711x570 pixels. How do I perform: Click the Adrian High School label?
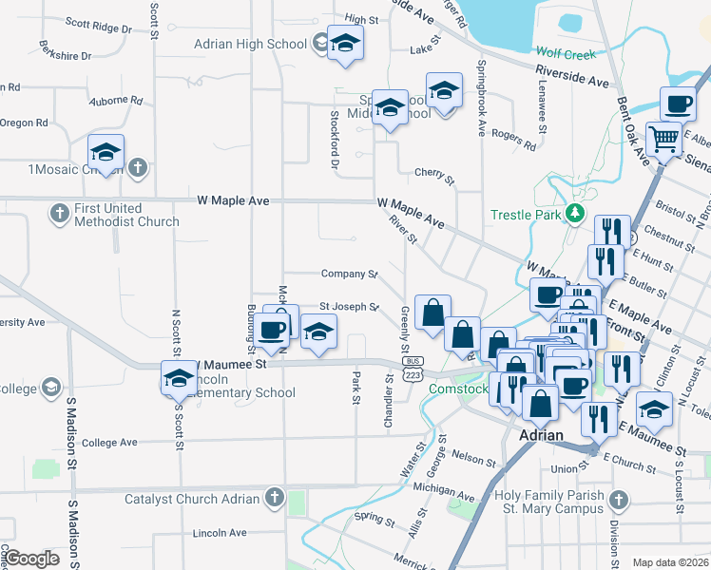click(250, 44)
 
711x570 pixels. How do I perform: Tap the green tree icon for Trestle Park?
click(574, 213)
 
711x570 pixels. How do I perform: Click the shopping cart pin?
click(666, 141)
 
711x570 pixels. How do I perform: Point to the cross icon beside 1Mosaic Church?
click(138, 169)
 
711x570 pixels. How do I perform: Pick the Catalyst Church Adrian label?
click(192, 499)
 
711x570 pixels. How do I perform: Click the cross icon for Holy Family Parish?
click(619, 499)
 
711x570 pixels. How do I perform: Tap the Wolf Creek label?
click(566, 54)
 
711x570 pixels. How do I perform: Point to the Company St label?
click(349, 274)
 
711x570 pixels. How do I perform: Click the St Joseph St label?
click(348, 307)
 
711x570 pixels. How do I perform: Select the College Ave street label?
click(110, 443)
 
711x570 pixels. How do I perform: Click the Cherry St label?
click(434, 174)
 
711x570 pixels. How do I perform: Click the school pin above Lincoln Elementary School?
click(178, 378)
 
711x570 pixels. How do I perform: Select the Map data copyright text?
click(670, 562)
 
